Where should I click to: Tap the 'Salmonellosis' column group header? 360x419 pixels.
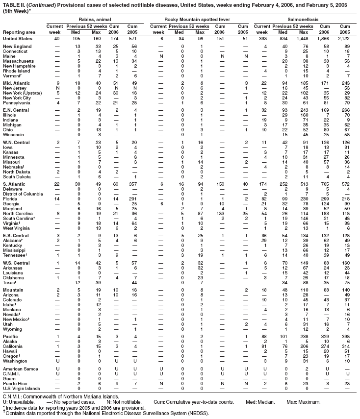[x=305, y=19]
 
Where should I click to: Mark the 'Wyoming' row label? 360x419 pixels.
[x=12, y=329]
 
